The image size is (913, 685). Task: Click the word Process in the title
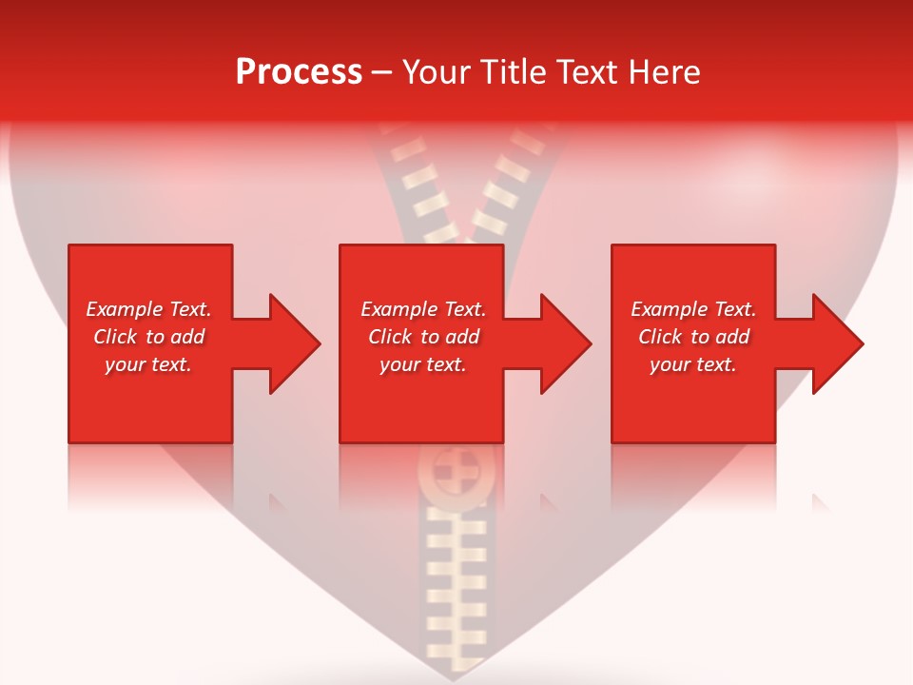point(299,72)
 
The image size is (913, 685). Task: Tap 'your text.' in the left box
point(148,364)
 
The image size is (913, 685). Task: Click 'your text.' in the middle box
point(423,364)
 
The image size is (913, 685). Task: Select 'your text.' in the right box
point(693,364)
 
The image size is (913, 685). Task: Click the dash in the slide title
point(382,73)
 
